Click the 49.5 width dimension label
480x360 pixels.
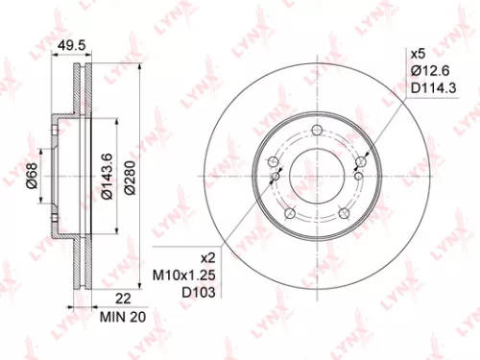click(x=66, y=44)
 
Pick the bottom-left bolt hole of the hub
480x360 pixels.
click(x=290, y=213)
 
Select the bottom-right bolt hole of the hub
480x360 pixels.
click(x=344, y=213)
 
